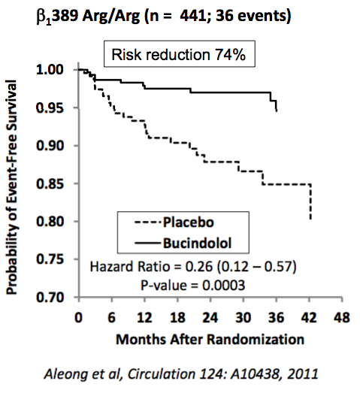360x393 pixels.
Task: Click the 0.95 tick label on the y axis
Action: point(50,108)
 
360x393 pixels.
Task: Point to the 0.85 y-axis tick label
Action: point(50,184)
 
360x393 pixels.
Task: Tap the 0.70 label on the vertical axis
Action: point(50,298)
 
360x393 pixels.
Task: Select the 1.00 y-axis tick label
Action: point(50,70)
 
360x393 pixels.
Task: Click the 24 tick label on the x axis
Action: point(210,318)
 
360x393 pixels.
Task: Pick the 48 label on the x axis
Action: point(342,318)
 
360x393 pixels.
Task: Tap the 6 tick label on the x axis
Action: point(111,318)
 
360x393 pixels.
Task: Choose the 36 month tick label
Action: point(276,318)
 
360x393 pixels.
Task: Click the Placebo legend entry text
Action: point(189,222)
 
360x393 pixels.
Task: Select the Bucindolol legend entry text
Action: point(198,243)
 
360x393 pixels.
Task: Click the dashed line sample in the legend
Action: point(147,222)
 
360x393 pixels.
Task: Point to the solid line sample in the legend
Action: point(147,243)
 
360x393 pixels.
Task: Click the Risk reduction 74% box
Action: point(180,54)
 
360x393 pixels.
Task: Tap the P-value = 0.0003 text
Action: point(193,286)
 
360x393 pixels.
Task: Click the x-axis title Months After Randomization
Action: point(210,340)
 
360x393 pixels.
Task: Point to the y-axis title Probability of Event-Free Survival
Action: point(11,187)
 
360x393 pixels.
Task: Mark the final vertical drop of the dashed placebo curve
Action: point(311,202)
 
